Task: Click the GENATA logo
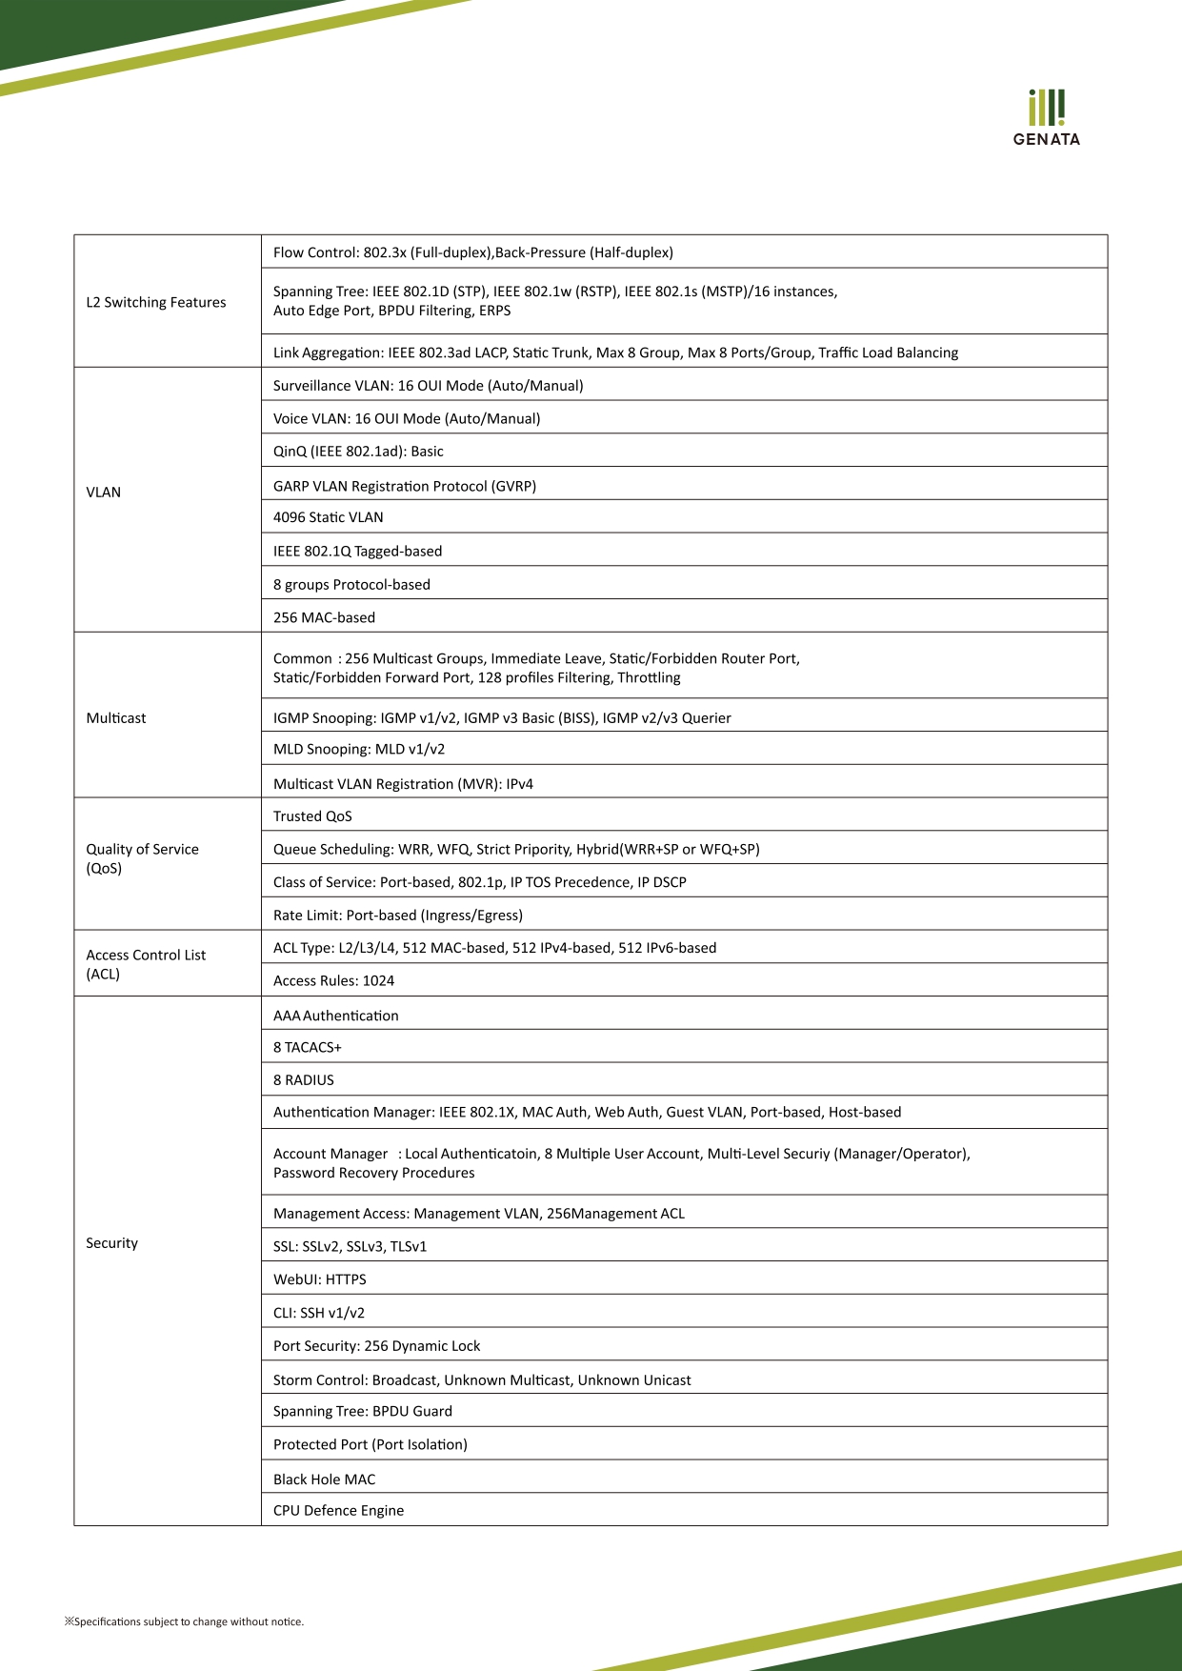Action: pos(1046,118)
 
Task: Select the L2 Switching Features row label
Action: pos(156,302)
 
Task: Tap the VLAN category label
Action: pos(104,492)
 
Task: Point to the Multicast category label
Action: pos(116,717)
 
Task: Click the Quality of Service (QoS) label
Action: pos(142,858)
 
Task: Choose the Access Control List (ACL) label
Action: pos(146,964)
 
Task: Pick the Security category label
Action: pos(111,1242)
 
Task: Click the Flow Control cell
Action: pos(472,252)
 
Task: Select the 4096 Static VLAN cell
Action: pos(328,517)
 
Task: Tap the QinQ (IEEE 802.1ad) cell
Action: pos(358,452)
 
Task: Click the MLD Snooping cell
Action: pos(359,749)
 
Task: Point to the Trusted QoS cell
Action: pos(312,816)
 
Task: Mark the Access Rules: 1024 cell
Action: pos(333,980)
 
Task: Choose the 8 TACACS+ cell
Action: pos(307,1047)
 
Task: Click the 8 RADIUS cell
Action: pos(303,1080)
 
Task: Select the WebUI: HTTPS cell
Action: pos(319,1279)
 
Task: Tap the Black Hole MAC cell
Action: pos(324,1480)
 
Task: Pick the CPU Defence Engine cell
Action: pos(338,1510)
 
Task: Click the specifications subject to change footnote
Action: pos(185,1621)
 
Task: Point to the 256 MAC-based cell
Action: pos(324,617)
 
